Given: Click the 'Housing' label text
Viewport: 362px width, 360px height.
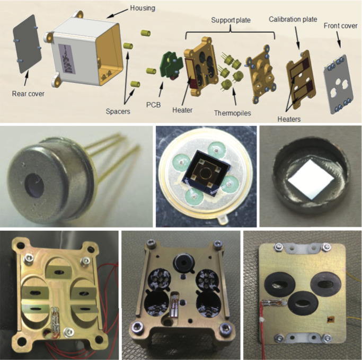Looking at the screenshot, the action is (143, 8).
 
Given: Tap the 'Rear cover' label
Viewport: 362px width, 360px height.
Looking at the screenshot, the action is (28, 94).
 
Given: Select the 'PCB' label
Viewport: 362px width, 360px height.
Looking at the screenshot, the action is (153, 105).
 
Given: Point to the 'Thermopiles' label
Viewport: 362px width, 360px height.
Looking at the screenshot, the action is (233, 113).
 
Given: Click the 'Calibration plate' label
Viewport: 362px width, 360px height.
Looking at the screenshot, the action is (293, 19).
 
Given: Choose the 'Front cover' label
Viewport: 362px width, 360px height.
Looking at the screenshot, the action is (340, 25).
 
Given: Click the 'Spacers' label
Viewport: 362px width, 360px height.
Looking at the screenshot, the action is (118, 111).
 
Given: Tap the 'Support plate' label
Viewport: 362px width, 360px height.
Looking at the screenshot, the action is (231, 20).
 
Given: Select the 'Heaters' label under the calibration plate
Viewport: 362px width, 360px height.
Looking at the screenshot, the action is (289, 119).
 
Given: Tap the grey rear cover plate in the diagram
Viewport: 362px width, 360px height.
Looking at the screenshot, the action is (27, 44).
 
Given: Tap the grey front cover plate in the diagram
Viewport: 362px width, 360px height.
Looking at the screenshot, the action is (339, 84).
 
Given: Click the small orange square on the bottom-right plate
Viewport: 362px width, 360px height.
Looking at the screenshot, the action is (329, 319).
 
